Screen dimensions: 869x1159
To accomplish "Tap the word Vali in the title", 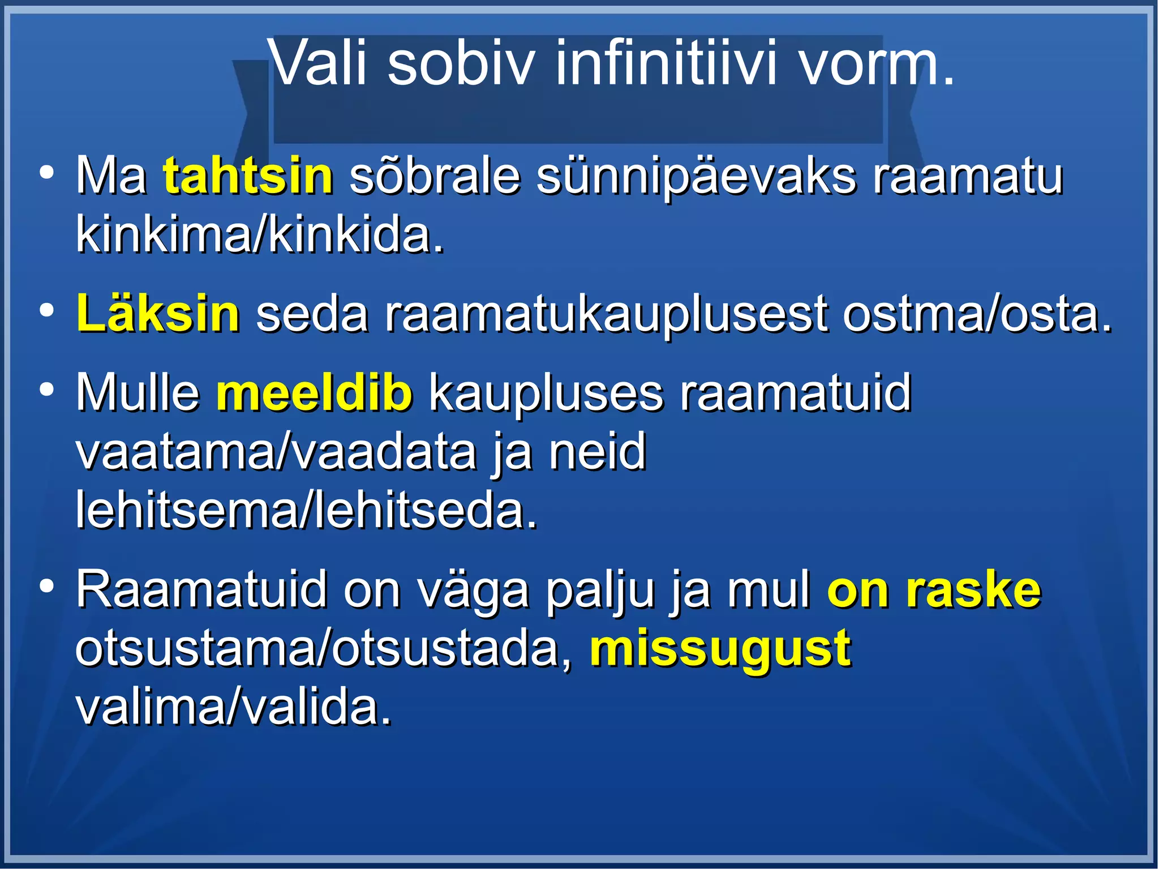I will (x=319, y=63).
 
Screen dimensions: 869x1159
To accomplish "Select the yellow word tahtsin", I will (x=248, y=176).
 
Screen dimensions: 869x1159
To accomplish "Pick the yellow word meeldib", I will (x=315, y=392).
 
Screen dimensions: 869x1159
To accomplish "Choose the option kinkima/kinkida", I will (x=260, y=235).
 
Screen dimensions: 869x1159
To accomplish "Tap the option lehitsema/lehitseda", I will (x=306, y=510).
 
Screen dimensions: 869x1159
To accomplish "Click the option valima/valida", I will (x=233, y=708).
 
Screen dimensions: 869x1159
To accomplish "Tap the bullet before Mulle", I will (x=47, y=390).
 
